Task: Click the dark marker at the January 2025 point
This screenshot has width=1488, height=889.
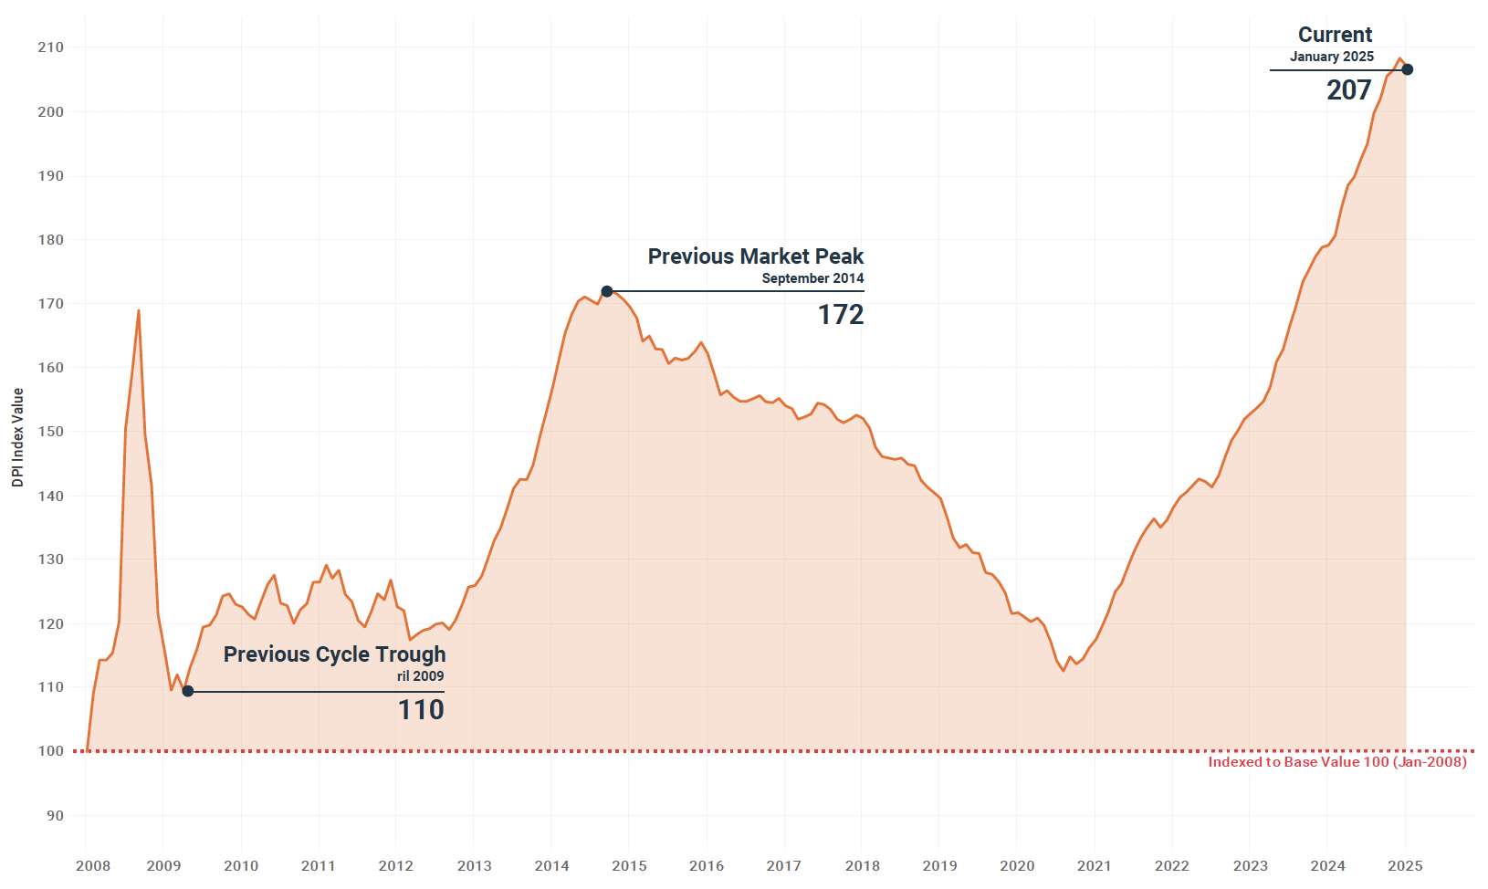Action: (1407, 69)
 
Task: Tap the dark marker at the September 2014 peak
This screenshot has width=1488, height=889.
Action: (607, 291)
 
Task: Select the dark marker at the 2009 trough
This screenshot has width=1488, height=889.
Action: (188, 691)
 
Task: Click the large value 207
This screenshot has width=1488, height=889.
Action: (1348, 90)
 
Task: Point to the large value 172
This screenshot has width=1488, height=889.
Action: (840, 315)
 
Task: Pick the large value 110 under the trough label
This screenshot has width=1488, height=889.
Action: (421, 709)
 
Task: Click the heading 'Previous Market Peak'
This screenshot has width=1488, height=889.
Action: (755, 256)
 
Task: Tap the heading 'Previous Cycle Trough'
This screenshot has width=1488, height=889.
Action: (334, 654)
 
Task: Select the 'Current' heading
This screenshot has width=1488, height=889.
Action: (1335, 35)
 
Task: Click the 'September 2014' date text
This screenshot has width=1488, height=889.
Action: (812, 278)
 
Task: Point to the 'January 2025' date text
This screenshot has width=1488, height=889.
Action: (1331, 57)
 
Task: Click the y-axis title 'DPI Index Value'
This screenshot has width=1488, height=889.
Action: (17, 437)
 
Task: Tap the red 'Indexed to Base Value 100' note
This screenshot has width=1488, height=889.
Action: (1336, 762)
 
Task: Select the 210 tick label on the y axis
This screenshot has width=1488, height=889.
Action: (50, 47)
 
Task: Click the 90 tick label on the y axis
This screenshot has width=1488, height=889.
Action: (55, 816)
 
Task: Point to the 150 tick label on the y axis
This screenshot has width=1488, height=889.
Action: (50, 432)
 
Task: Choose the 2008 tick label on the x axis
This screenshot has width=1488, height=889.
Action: (92, 866)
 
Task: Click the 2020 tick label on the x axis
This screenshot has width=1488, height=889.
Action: (1017, 866)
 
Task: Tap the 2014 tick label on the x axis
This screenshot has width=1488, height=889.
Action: (551, 866)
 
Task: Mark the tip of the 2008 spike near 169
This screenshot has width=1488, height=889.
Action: (139, 310)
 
